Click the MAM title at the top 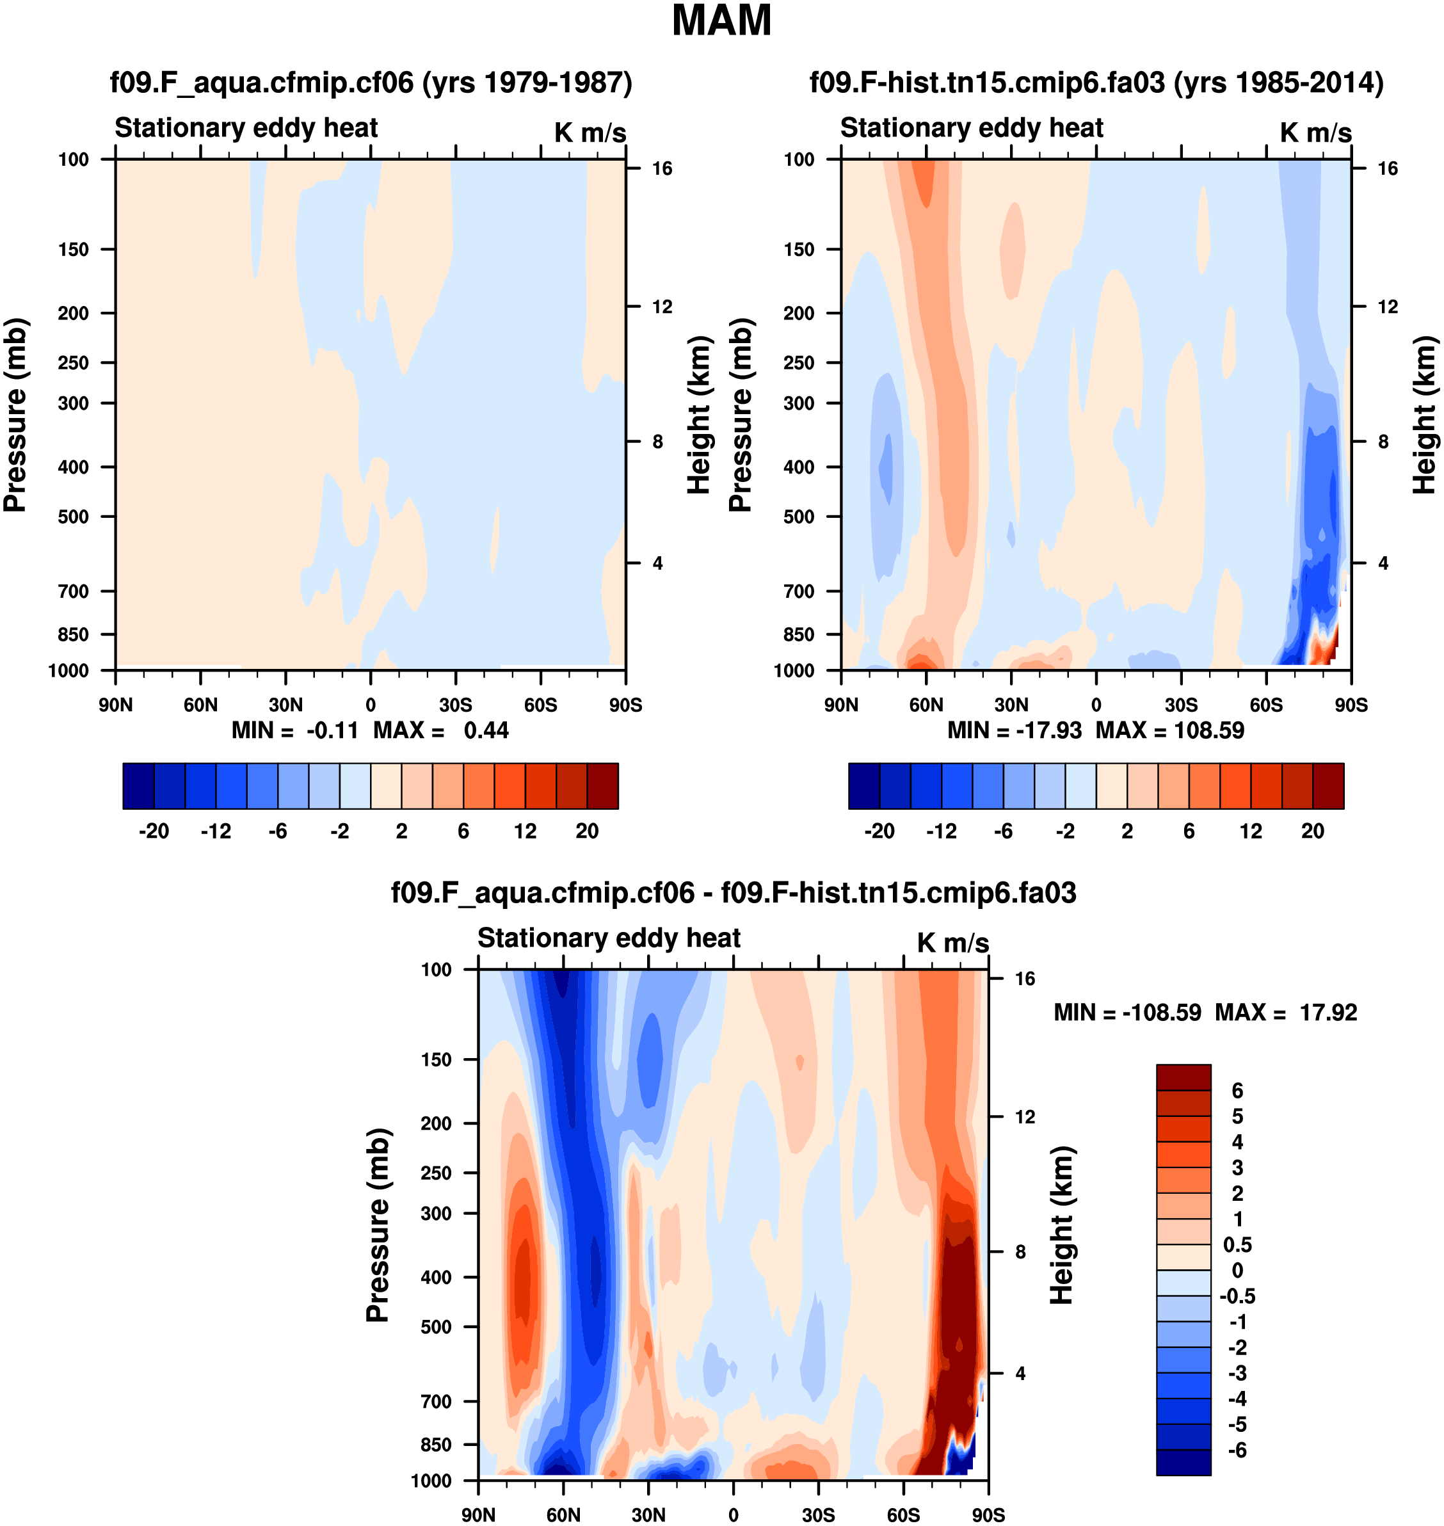pyautogui.click(x=721, y=20)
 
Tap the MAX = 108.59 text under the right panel pyautogui.click(x=1170, y=730)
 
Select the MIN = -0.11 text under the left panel pyautogui.click(x=295, y=730)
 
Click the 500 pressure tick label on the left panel pyautogui.click(x=74, y=517)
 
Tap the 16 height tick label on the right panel pyautogui.click(x=1387, y=168)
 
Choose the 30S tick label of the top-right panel pyautogui.click(x=1182, y=705)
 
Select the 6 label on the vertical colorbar pyautogui.click(x=1237, y=1090)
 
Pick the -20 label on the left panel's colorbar pyautogui.click(x=154, y=831)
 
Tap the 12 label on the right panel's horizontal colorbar pyautogui.click(x=1251, y=831)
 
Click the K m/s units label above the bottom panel pyautogui.click(x=952, y=943)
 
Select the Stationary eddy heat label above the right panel pyautogui.click(x=972, y=128)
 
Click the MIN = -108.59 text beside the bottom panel pyautogui.click(x=1127, y=1013)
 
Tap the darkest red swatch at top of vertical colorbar pyautogui.click(x=1183, y=1077)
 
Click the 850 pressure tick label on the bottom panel pyautogui.click(x=436, y=1445)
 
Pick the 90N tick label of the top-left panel pyautogui.click(x=115, y=705)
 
